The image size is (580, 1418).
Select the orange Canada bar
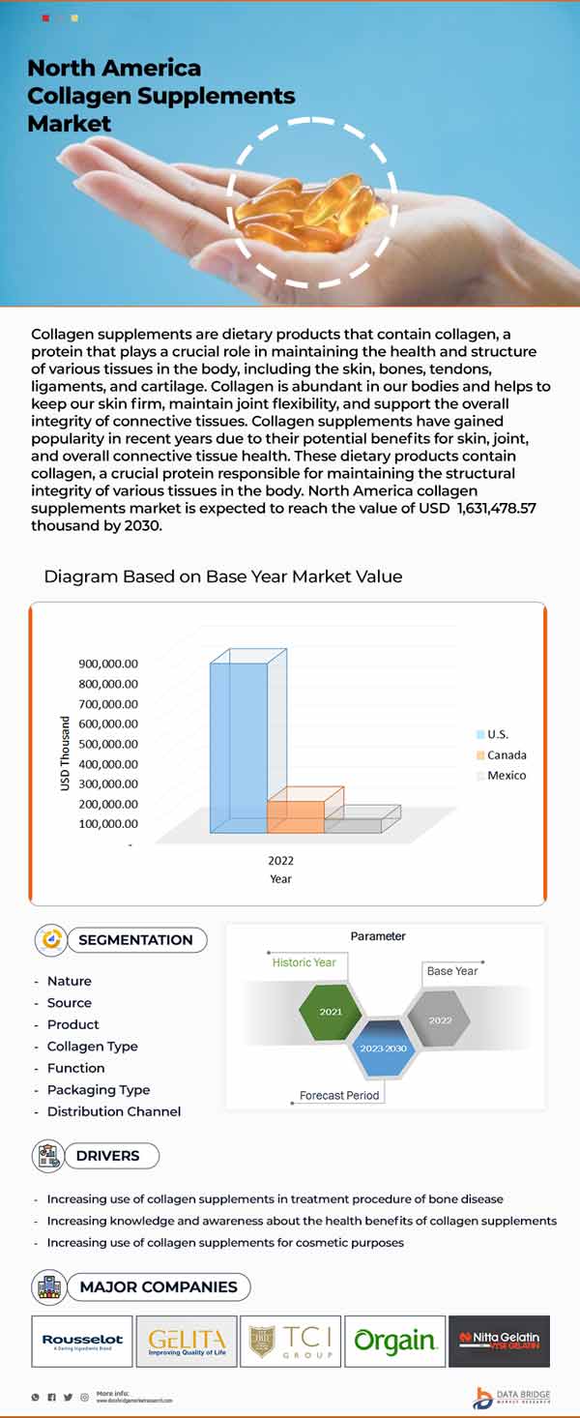coord(296,816)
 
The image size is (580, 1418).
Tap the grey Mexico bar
coord(354,825)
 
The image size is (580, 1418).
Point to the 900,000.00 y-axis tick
coord(108,664)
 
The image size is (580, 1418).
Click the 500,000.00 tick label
coord(108,744)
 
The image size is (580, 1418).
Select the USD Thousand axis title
coord(66,753)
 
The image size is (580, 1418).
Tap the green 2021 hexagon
coord(331,1012)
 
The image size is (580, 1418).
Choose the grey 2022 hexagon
coord(440,1019)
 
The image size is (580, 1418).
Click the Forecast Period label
coord(339,1096)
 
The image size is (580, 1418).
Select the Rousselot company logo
coord(82,1341)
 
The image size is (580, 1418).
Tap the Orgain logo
coord(394,1341)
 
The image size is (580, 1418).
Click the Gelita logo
coord(187,1341)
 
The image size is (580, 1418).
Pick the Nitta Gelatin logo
coord(499,1341)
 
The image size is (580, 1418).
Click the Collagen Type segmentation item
coord(93,1047)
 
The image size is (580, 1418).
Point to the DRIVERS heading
coord(107,1156)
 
